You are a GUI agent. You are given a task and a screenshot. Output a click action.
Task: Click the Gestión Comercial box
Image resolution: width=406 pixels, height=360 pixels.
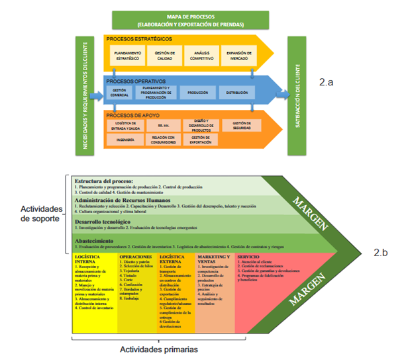(119, 93)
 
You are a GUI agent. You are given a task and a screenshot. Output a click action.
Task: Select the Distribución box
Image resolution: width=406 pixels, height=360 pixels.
(236, 93)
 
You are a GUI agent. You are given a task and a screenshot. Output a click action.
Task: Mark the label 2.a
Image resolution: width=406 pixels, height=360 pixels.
(328, 83)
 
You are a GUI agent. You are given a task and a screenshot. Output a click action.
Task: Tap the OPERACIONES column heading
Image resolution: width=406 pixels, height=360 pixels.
(135, 256)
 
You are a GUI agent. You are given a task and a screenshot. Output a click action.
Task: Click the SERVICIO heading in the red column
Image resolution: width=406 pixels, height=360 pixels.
(248, 256)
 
